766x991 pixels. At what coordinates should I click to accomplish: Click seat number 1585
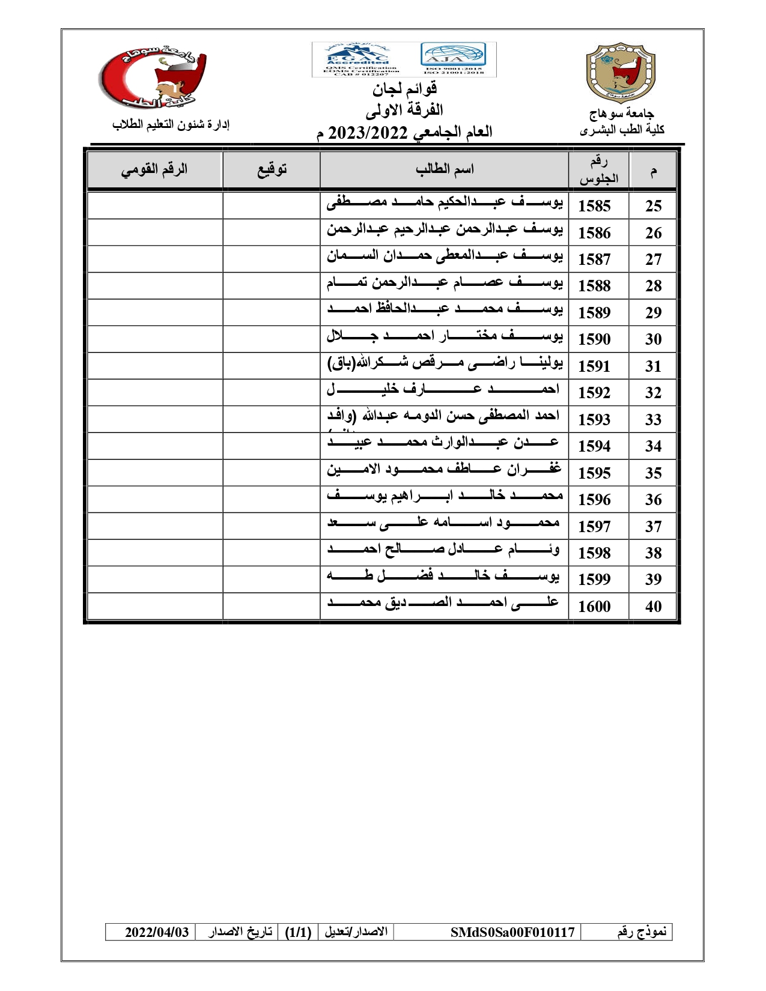(594, 206)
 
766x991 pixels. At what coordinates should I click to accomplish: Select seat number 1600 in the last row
(594, 607)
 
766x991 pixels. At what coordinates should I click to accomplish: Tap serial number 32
(653, 393)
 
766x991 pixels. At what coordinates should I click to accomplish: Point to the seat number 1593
(594, 420)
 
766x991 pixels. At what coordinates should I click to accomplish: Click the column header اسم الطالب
(445, 169)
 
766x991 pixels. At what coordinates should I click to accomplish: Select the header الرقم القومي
(154, 169)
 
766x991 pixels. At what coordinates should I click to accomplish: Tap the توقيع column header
(272, 169)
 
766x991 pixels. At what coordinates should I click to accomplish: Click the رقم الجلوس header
(598, 170)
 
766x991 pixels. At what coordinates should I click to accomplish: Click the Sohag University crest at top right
(621, 72)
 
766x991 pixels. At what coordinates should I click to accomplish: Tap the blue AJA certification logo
(453, 55)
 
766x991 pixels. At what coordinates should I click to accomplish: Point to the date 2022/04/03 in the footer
(157, 932)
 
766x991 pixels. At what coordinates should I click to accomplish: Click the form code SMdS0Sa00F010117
(512, 932)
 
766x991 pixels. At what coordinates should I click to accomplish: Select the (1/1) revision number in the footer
(298, 932)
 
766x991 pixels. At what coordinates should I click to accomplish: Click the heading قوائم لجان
(404, 89)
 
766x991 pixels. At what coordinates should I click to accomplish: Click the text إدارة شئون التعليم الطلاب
(171, 124)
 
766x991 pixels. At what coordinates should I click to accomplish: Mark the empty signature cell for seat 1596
(272, 499)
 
